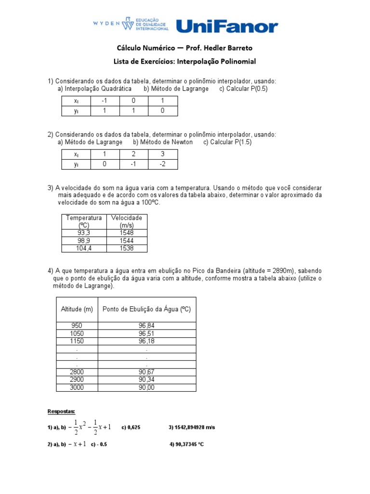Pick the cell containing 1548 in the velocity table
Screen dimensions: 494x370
pyautogui.click(x=127, y=233)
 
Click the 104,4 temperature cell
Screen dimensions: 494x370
pyautogui.click(x=84, y=248)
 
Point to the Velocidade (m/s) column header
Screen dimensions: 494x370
pyautogui.click(x=127, y=221)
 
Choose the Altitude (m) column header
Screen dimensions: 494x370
pyautogui.click(x=77, y=309)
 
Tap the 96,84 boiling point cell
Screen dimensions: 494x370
pyautogui.click(x=146, y=326)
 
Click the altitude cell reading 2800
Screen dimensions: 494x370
pyautogui.click(x=77, y=372)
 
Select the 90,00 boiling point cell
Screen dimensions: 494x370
pyautogui.click(x=146, y=387)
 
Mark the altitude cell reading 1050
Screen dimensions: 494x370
pyautogui.click(x=77, y=333)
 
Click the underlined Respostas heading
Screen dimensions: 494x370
pyautogui.click(x=61, y=412)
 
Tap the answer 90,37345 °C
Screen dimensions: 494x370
pyautogui.click(x=186, y=444)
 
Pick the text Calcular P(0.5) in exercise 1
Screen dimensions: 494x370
pyautogui.click(x=243, y=89)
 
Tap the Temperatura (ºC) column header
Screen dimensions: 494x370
pyautogui.click(x=84, y=221)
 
